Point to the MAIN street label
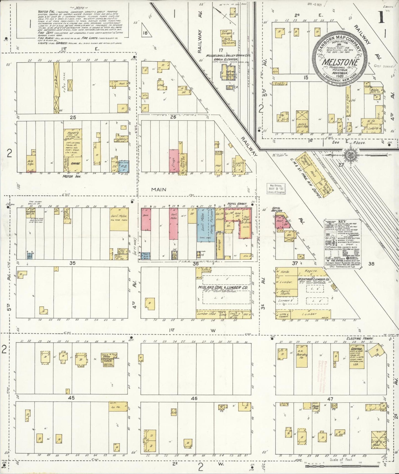coord(159,189)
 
